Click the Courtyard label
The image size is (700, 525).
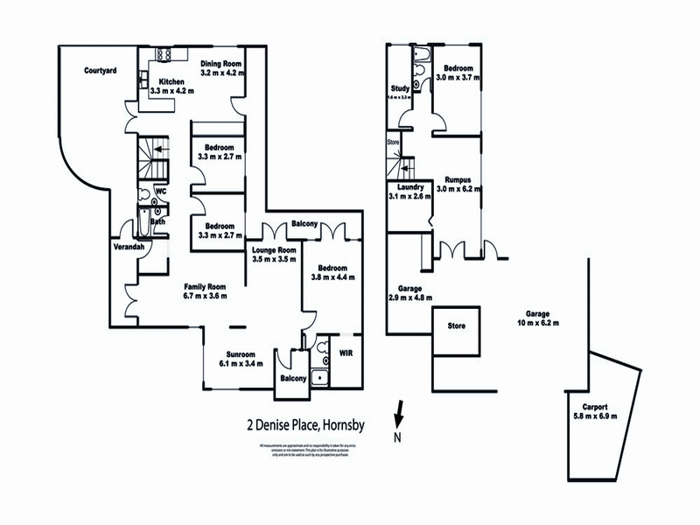click(x=101, y=71)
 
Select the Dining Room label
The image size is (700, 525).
click(x=220, y=63)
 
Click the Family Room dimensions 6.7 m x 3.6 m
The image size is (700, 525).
click(x=205, y=296)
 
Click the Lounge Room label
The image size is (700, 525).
click(x=270, y=249)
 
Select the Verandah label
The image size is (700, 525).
click(x=129, y=248)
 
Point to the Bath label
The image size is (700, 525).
click(x=157, y=221)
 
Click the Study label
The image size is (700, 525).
click(x=401, y=87)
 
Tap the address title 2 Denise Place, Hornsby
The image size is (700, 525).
click(x=305, y=427)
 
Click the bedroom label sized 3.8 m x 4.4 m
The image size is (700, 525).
click(x=329, y=267)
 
